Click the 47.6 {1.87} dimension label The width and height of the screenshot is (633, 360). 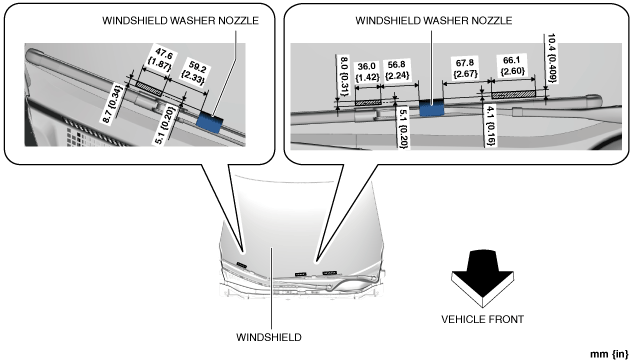pos(163,59)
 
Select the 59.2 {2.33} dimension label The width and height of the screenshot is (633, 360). pos(192,72)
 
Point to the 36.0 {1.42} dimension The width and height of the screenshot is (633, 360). pos(367,71)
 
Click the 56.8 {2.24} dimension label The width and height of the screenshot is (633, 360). pos(397,70)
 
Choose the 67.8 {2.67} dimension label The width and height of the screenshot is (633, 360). pos(465,68)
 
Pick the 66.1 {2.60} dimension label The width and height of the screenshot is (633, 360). pos(512,65)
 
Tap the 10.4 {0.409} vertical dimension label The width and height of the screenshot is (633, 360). pos(551,58)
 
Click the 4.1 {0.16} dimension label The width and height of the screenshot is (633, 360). pos(490,125)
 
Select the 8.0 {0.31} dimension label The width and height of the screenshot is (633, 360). pos(344,76)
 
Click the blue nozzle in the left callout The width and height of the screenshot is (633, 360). pos(210,123)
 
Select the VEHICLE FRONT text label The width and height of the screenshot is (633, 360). pos(482,319)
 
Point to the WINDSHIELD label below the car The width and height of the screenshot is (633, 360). pos(268,337)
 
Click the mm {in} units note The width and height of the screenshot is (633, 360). pos(609,354)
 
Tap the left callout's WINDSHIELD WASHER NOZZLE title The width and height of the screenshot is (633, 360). pos(180,21)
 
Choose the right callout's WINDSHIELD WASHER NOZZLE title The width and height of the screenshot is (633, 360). pos(434,21)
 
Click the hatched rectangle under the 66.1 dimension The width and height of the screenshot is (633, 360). pos(513,95)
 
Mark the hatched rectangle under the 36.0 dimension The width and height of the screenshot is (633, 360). pos(368,103)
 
